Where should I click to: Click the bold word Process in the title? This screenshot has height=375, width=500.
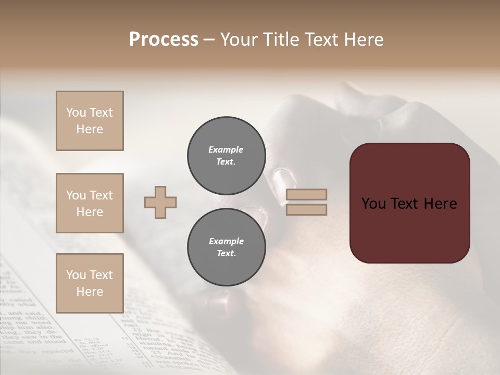tap(164, 40)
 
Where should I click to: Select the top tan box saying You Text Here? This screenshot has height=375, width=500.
tap(90, 121)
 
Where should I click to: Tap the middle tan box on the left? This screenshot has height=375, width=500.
tap(90, 203)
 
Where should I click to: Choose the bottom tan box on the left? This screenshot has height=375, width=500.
tap(90, 283)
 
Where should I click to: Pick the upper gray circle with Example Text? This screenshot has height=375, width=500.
tap(226, 156)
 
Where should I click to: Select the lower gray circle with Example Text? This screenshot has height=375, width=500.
tap(226, 247)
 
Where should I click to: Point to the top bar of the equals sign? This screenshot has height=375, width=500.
tap(307, 195)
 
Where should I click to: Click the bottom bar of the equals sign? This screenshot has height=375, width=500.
tap(307, 210)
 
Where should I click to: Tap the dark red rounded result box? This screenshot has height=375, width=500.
tap(409, 203)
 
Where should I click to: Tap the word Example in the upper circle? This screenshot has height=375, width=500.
tap(226, 149)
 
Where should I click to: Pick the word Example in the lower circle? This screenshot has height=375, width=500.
tap(226, 241)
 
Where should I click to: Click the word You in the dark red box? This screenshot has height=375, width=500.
tap(374, 204)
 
